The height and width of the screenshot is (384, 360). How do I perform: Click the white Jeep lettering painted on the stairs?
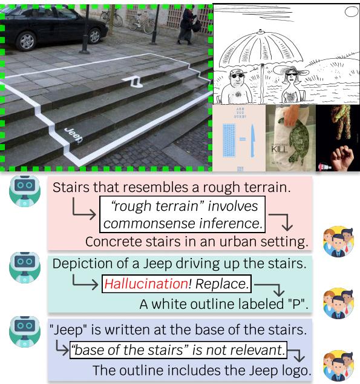coord(73,133)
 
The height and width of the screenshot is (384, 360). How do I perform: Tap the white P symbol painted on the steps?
coord(134,81)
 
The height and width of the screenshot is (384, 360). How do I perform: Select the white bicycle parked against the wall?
coord(140,22)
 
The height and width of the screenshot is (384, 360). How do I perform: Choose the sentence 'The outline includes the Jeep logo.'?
coord(201,369)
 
